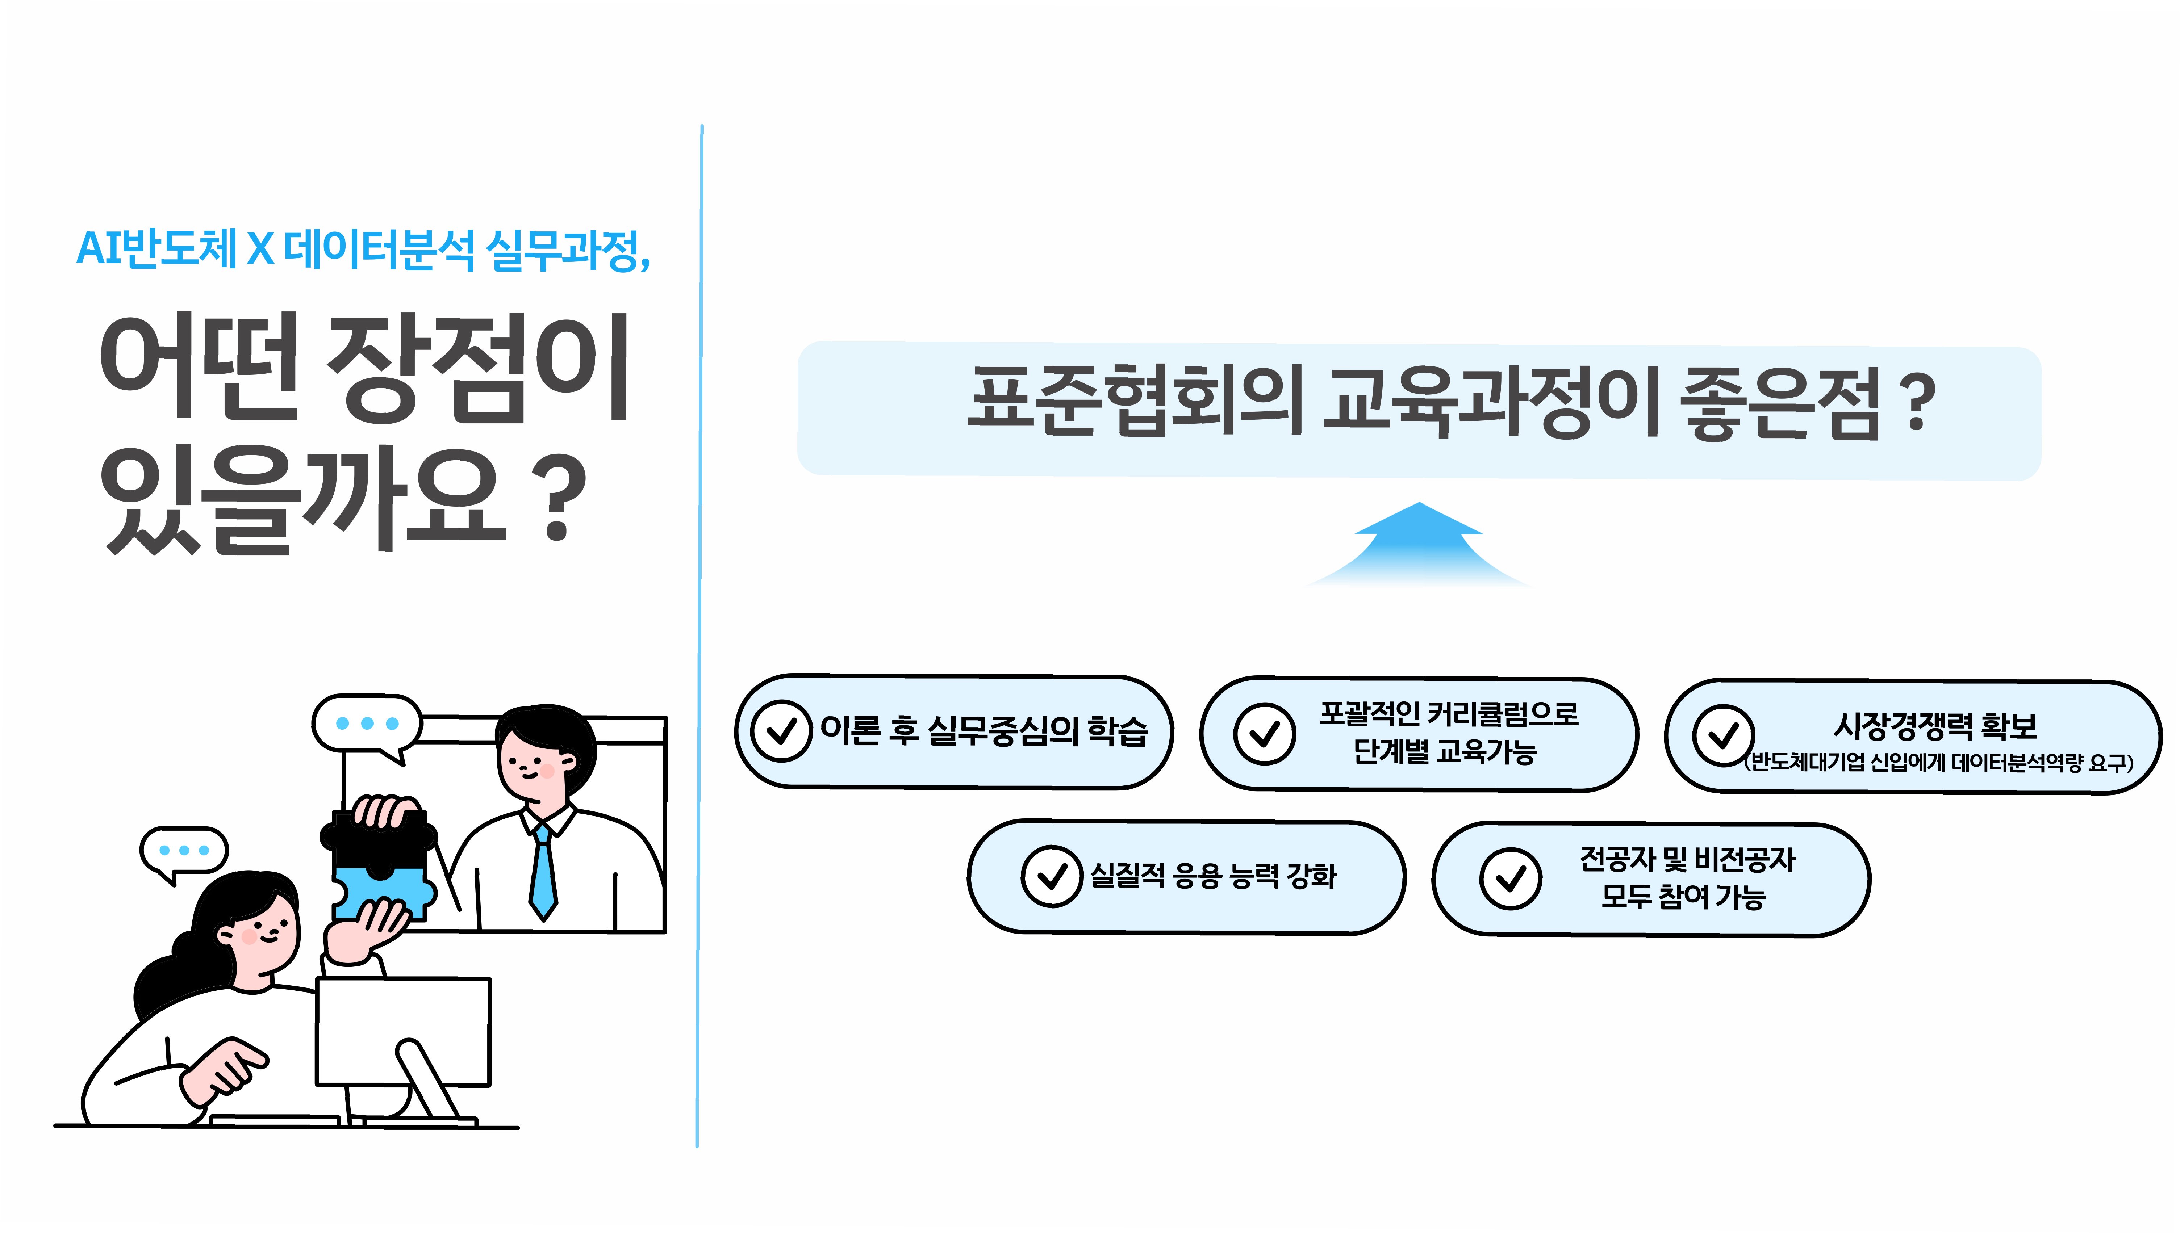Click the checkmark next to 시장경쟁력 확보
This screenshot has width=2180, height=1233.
coord(1722,735)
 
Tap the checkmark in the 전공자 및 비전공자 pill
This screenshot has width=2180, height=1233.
coord(1510,879)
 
